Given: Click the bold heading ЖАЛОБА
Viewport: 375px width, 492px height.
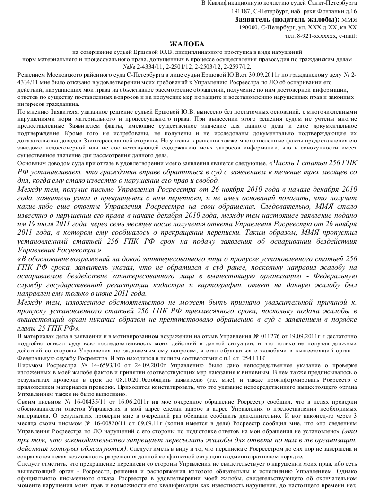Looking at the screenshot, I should coord(187,44).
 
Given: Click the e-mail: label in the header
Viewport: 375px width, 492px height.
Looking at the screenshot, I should coord(348,35).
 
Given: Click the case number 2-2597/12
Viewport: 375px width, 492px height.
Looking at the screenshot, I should coord(236,67).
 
